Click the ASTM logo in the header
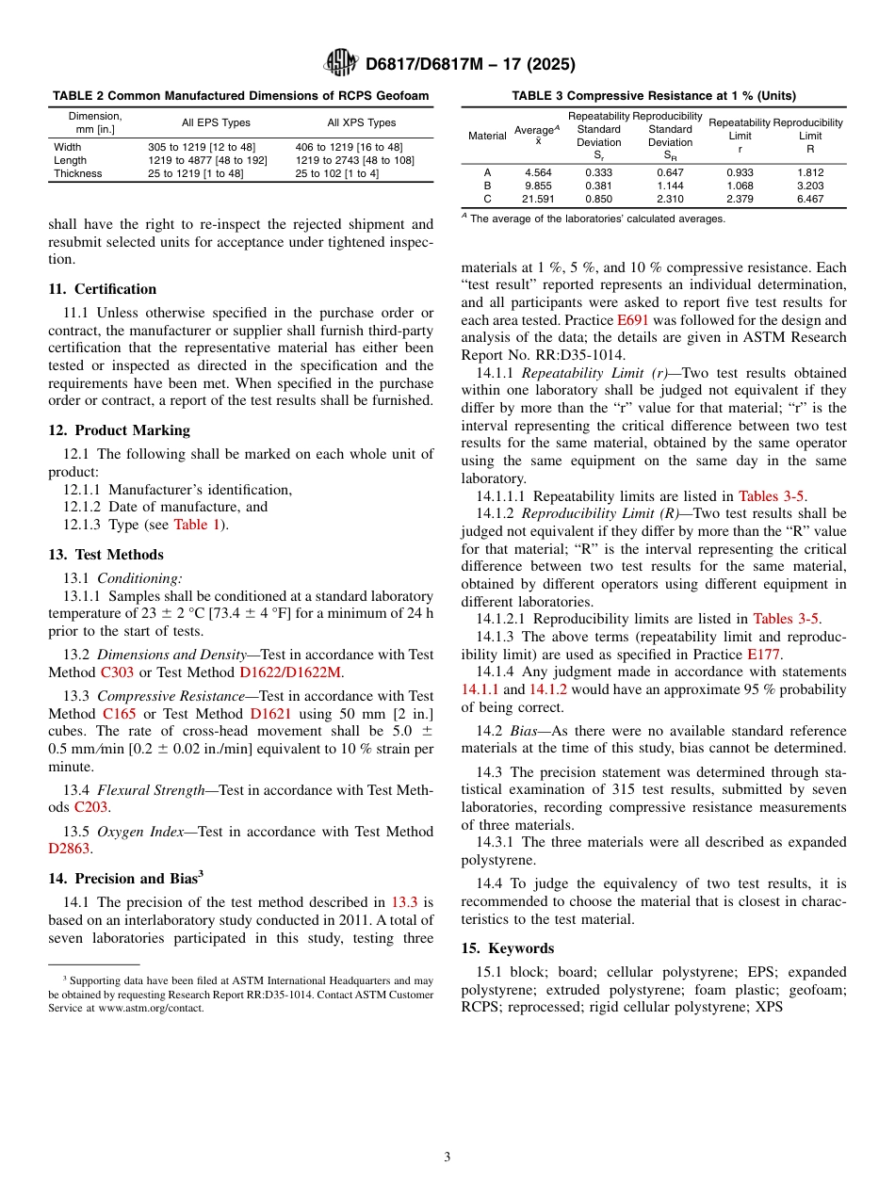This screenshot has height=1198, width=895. click(340, 63)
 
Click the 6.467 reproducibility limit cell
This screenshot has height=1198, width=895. click(810, 199)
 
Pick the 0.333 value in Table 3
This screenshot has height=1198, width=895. click(598, 172)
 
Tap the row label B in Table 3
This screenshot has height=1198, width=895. click(487, 186)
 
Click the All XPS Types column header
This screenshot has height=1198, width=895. click(361, 122)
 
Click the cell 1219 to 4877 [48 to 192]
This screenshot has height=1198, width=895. click(207, 160)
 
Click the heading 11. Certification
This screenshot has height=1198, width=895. click(102, 289)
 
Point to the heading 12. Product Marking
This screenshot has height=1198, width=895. click(119, 430)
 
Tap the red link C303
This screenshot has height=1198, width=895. click(118, 672)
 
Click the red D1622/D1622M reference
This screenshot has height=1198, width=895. click(291, 672)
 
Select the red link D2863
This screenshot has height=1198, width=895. click(69, 849)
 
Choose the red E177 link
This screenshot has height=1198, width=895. click(763, 654)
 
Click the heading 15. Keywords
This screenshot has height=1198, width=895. click(507, 948)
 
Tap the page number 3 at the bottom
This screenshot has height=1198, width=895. click(447, 1157)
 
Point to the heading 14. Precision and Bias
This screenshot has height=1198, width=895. click(125, 879)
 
